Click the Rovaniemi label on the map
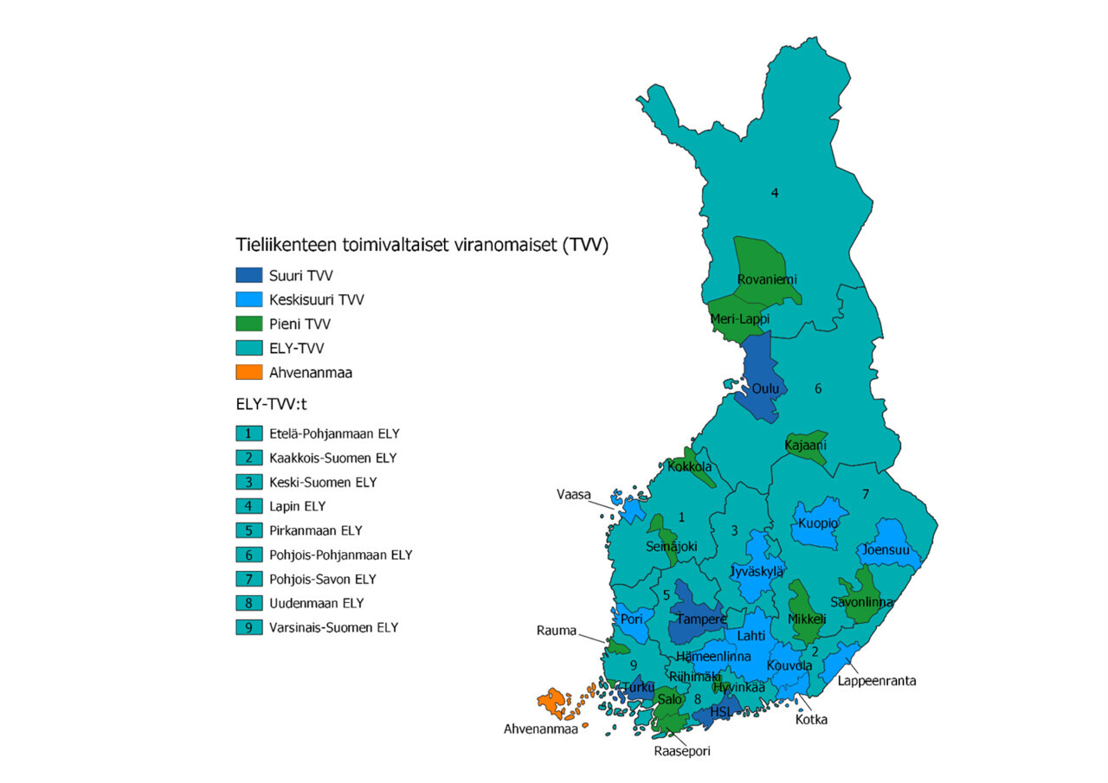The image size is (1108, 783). pos(766,279)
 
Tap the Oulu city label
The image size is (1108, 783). pos(765,389)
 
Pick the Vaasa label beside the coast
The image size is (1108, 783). pos(573,495)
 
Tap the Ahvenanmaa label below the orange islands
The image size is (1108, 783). pos(541,728)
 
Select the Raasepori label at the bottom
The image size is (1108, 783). pos(682,751)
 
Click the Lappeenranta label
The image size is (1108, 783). pos(876,681)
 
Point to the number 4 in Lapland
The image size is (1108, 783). pos(775,193)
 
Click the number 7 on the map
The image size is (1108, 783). pos(865,494)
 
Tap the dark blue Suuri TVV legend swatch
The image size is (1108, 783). pos(248,275)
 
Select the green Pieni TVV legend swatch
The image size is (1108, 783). pos(248,324)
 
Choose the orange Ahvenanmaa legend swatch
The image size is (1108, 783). pos(248,372)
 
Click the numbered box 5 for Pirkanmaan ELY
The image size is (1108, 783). pos(248,530)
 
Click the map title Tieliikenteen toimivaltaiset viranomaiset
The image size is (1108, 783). pos(422,246)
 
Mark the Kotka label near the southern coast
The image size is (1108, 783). pos(811,719)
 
